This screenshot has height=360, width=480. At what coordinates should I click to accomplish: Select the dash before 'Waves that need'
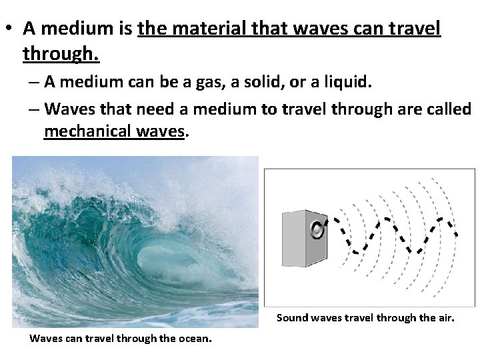click(x=35, y=109)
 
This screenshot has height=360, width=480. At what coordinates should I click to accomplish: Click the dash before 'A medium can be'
click(x=35, y=83)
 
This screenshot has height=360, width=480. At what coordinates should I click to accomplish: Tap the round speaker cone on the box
click(x=317, y=229)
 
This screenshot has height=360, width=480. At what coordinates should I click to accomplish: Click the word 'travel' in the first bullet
click(x=415, y=29)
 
